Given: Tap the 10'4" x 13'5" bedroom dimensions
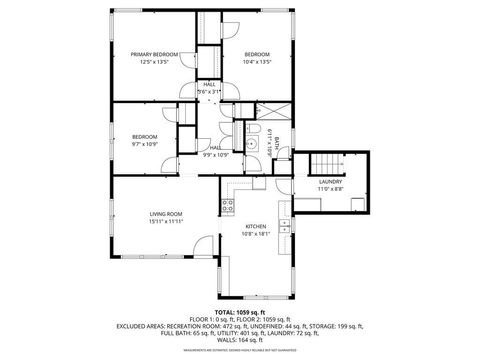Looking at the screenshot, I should (x=257, y=62).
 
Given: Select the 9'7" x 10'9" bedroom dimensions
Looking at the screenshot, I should (x=146, y=144).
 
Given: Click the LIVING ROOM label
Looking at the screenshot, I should (x=165, y=213).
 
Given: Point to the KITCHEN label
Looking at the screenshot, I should (x=256, y=226).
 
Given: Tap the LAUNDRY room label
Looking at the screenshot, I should (x=330, y=181).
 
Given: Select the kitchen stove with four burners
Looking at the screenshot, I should (x=227, y=207).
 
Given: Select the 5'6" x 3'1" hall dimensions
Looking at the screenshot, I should (x=210, y=92).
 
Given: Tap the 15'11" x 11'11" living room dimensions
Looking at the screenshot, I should (x=165, y=221).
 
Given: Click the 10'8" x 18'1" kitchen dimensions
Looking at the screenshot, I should (x=256, y=234).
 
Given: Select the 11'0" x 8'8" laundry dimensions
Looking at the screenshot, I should (x=330, y=189).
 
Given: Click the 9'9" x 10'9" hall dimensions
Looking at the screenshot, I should (x=216, y=155).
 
